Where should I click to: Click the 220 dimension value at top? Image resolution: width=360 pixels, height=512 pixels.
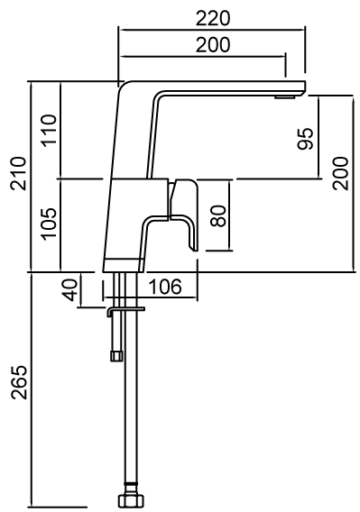tap(212, 18)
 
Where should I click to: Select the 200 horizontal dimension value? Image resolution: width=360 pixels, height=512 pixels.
tap(212, 44)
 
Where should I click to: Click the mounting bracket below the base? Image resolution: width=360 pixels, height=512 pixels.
tap(125, 309)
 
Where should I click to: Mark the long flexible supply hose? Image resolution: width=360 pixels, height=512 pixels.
tap(128, 406)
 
